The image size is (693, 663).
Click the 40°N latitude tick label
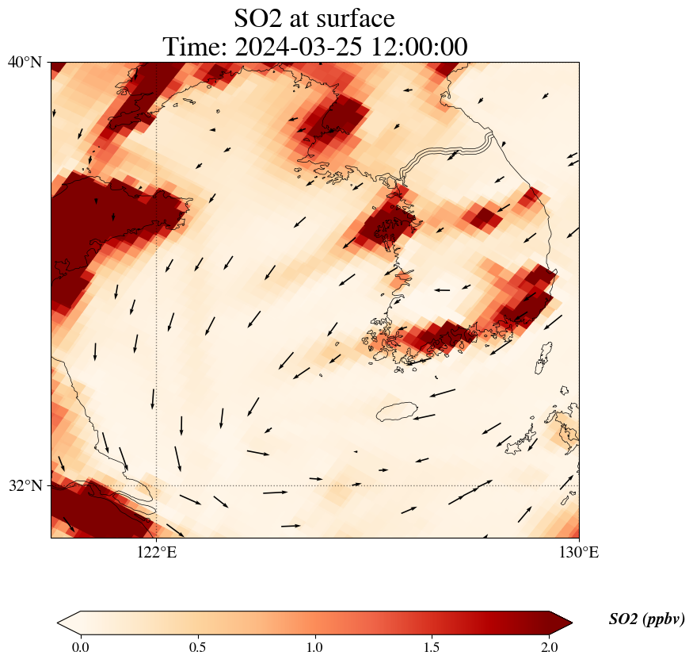pyautogui.click(x=25, y=62)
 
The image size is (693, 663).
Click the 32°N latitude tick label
pyautogui.click(x=25, y=485)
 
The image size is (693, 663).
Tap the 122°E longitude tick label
pyautogui.click(x=157, y=553)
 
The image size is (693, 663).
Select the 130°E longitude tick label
pyautogui.click(x=579, y=553)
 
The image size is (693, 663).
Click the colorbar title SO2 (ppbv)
pyautogui.click(x=646, y=619)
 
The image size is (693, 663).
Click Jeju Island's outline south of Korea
pyautogui.click(x=397, y=412)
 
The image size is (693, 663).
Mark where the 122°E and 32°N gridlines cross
pyautogui.click(x=157, y=485)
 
